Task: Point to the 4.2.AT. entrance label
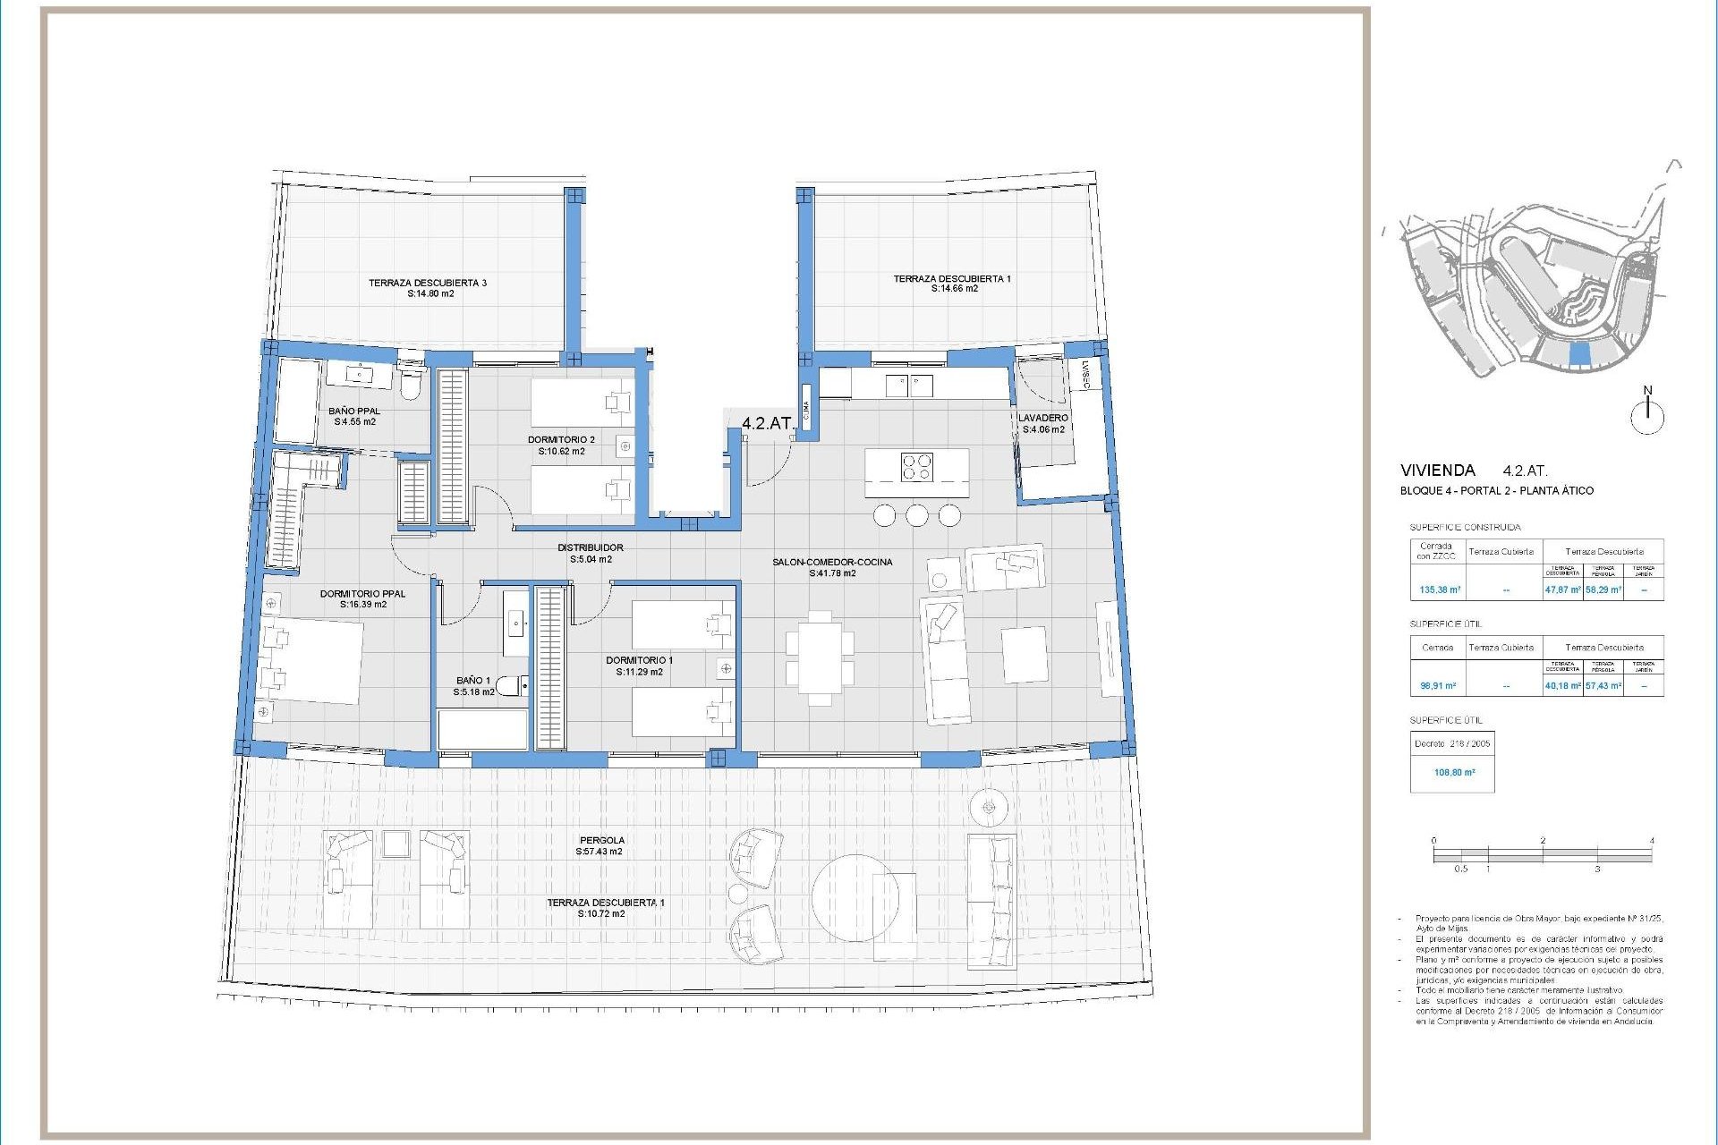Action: click(x=767, y=423)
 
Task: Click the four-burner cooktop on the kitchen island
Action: click(x=916, y=467)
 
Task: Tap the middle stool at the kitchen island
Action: click(x=916, y=515)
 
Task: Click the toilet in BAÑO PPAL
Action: click(x=410, y=385)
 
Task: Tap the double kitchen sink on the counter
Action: click(x=909, y=386)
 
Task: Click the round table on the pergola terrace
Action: click(x=855, y=897)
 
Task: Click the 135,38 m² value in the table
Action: click(x=1440, y=589)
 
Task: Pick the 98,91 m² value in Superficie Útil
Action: click(x=1438, y=686)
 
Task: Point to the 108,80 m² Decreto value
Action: click(x=1454, y=772)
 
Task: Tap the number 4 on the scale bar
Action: click(x=1651, y=840)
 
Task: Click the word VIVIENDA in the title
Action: click(x=1437, y=471)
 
